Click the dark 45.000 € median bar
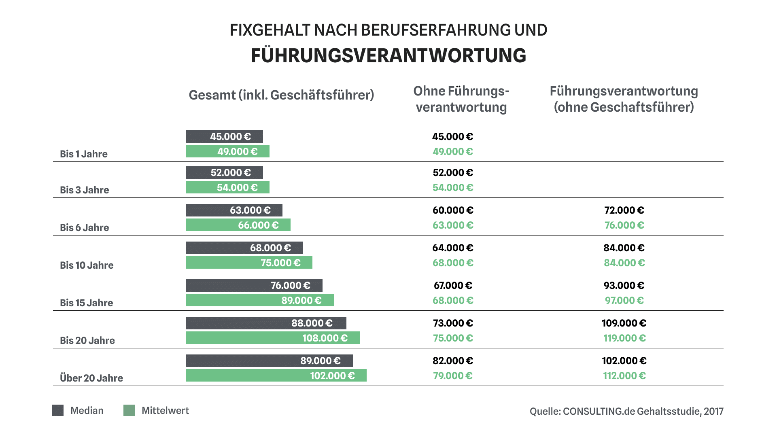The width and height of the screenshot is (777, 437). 224,137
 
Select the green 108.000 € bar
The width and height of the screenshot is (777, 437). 272,338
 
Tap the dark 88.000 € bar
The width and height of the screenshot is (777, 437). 266,323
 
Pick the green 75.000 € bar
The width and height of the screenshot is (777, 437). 249,263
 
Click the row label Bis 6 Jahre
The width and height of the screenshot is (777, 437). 84,227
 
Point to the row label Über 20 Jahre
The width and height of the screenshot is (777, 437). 91,378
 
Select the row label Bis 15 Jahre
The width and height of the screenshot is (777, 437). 86,303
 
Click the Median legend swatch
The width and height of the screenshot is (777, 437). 58,410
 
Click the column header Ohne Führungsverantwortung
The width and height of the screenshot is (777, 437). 461,99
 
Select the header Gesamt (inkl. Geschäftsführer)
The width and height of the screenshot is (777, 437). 281,95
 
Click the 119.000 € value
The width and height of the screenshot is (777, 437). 624,338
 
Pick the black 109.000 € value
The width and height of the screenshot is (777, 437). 624,323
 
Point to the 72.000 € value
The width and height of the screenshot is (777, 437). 624,210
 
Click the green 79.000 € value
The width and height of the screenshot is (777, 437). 452,375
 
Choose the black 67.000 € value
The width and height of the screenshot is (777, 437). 452,285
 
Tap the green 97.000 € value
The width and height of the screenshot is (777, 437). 624,300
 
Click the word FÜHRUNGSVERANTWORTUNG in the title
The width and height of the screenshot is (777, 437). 388,55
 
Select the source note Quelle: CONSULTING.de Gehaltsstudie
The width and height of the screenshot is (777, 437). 626,411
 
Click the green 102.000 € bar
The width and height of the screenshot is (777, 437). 276,375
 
